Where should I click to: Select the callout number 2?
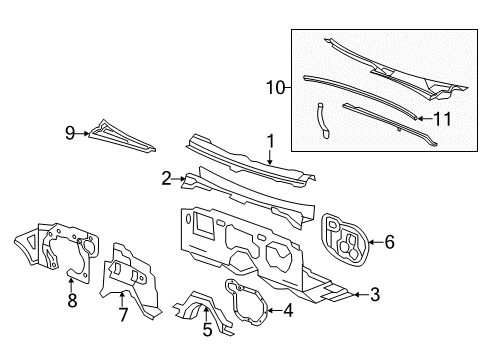pos(167,178)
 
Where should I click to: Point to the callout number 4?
pos(288,309)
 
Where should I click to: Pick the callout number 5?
pos(207,328)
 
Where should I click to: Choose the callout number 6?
pos(390,241)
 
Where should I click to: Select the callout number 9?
pos(70,131)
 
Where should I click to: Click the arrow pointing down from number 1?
pos(269,155)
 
